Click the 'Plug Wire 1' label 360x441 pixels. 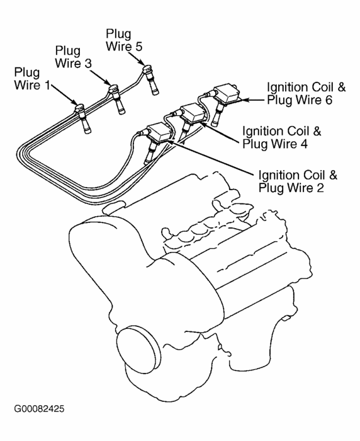(32, 79)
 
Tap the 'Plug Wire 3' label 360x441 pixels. (74, 57)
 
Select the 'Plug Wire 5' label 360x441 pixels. (124, 40)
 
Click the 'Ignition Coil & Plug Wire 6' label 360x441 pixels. (306, 93)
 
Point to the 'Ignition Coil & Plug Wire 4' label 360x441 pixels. (281, 137)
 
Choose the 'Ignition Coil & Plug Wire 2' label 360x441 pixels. (298, 181)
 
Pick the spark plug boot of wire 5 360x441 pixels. (151, 80)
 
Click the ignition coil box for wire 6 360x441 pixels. (227, 94)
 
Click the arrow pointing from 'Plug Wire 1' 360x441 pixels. (64, 94)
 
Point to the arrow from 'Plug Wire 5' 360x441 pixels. (137, 58)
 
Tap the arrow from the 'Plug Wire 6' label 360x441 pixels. (251, 100)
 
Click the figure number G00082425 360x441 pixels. (39, 409)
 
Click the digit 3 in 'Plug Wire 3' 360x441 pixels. (88, 63)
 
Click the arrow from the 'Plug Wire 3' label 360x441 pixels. (100, 77)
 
